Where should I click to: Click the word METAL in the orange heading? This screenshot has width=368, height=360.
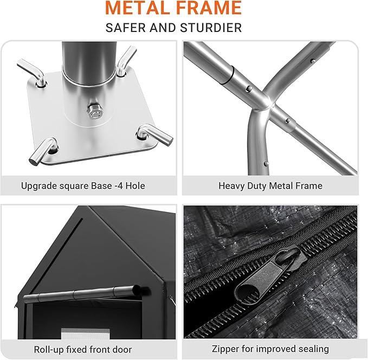pos(137,8)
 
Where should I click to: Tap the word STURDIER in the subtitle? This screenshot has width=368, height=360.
pos(211,28)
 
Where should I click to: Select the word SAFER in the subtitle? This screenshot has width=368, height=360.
pos(126,28)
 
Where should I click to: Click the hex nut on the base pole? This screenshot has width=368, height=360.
pos(95,111)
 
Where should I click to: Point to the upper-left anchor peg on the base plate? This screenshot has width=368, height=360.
pos(33,72)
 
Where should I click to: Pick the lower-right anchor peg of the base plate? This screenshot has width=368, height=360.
pos(155,134)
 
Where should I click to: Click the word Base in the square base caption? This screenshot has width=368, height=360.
pos(101,186)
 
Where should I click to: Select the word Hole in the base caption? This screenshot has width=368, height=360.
pos(135,186)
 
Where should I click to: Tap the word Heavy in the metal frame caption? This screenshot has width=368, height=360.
pos(231,186)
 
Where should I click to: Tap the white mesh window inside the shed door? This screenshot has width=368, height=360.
pos(86,333)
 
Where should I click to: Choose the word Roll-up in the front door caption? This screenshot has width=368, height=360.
pos(49,350)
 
